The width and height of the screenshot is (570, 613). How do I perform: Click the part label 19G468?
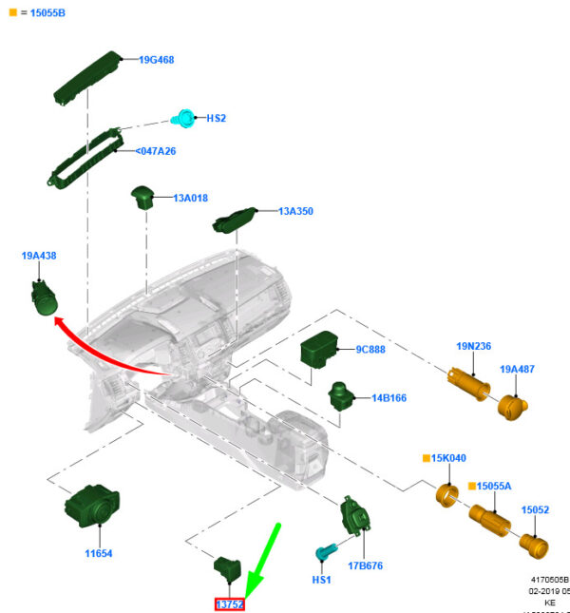tap(156, 60)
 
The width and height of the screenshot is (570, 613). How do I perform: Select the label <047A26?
tap(155, 151)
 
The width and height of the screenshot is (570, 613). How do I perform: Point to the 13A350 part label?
tap(295, 211)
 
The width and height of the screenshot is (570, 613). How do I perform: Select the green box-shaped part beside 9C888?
tap(321, 351)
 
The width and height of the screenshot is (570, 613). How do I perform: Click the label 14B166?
tap(389, 398)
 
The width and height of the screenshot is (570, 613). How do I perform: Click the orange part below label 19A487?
tap(513, 406)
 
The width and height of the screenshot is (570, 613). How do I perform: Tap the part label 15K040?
tap(449, 458)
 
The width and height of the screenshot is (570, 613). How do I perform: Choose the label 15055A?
tap(493, 486)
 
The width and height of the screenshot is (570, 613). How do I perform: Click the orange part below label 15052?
tap(535, 547)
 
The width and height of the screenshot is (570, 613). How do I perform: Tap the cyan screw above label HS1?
tap(325, 551)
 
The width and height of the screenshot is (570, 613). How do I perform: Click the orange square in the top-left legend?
tap(12, 13)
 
